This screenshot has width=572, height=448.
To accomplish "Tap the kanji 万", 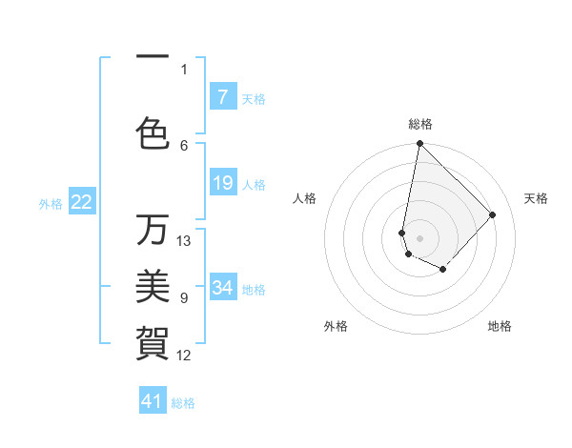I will (x=153, y=230).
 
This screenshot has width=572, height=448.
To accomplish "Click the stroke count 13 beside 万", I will (x=184, y=241).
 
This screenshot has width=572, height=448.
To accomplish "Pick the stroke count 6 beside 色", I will (x=184, y=145).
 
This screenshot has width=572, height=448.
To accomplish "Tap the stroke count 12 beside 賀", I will (x=184, y=356).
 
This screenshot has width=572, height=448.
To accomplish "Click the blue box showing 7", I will (x=222, y=97).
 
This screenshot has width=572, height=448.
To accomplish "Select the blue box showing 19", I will (x=222, y=183).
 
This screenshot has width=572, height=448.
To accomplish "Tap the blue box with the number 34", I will (x=222, y=288).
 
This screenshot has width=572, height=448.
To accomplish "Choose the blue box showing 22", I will (x=81, y=202).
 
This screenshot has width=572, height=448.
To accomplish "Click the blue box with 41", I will (x=153, y=401).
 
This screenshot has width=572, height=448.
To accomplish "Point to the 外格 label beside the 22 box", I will (x=51, y=203).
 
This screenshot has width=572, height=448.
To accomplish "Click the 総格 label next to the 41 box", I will (x=183, y=403).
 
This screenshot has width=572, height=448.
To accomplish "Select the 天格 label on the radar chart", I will (x=536, y=198).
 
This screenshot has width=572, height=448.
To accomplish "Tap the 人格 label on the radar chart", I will (x=304, y=198).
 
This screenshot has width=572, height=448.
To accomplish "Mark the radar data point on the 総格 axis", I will (x=419, y=144).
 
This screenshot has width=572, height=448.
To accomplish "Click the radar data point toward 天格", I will (x=492, y=214).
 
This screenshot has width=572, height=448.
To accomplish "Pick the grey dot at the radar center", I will (x=419, y=237).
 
